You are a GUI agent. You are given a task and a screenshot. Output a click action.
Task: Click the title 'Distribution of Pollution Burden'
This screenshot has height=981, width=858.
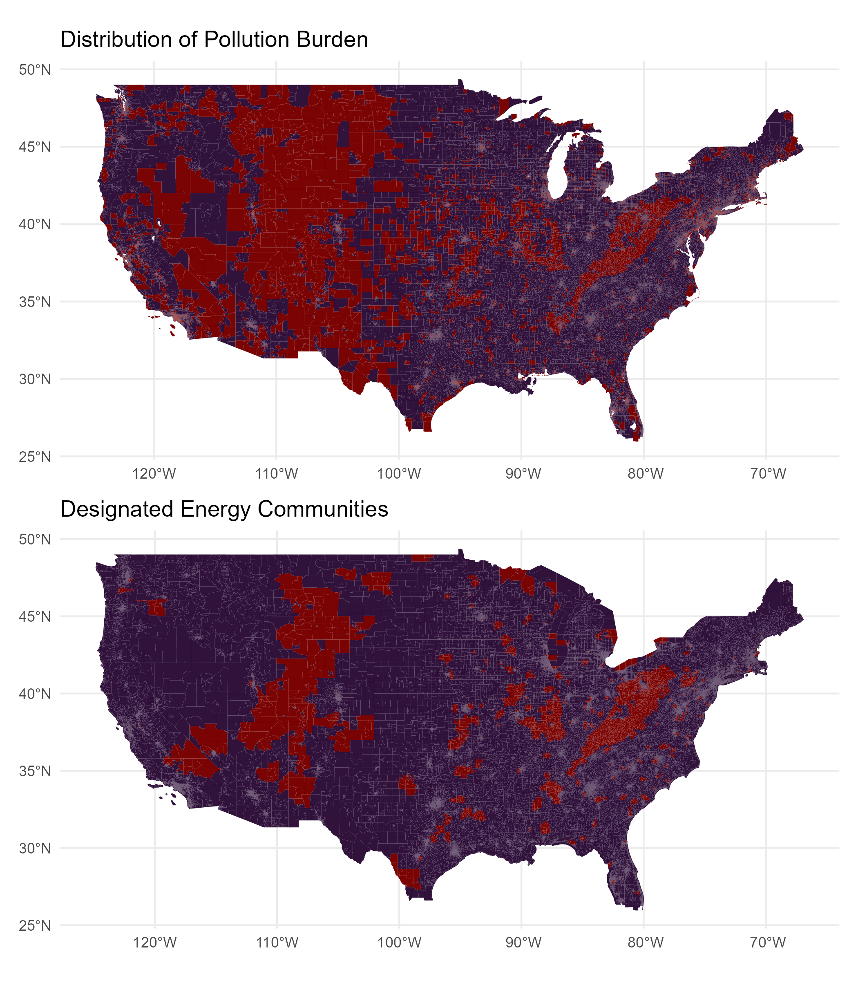[214, 39]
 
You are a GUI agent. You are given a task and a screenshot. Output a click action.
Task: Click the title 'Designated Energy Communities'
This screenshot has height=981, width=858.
[224, 509]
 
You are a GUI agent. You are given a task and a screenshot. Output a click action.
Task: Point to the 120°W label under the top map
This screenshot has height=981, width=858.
[154, 474]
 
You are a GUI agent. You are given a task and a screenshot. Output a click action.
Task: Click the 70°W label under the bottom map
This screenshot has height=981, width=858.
[768, 943]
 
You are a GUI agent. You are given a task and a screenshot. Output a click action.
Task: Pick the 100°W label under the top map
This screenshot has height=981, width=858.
[399, 474]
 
